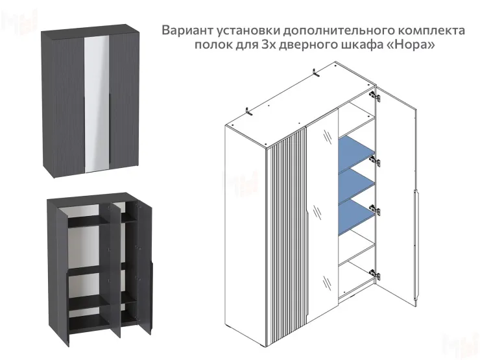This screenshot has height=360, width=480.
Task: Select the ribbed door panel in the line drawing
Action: tap(288, 221)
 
